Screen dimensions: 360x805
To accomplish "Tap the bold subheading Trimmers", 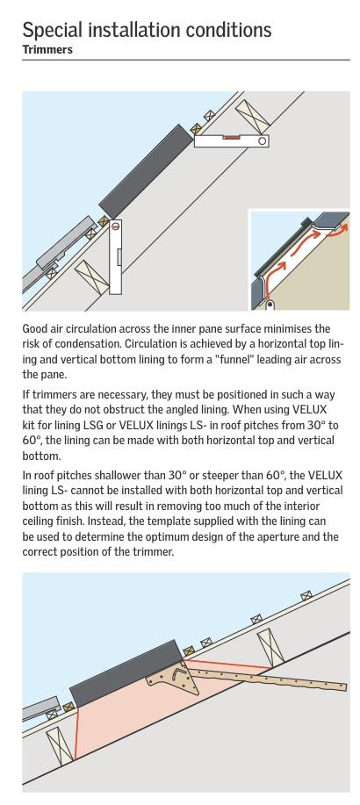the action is click(47, 50).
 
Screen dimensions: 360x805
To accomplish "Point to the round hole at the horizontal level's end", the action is click(263, 140).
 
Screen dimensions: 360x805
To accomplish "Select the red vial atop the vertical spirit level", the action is click(116, 226).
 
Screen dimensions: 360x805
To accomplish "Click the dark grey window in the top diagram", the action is click(146, 171).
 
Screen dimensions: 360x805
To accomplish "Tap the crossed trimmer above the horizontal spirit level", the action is click(253, 115).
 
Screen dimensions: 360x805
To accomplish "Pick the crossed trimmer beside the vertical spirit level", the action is click(91, 277).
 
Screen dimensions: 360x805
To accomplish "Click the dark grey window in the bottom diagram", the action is click(126, 672).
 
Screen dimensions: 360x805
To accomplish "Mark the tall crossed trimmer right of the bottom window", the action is click(270, 647).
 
